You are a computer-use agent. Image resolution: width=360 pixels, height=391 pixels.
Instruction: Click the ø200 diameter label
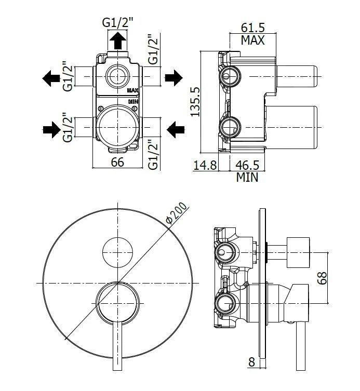coord(176,214)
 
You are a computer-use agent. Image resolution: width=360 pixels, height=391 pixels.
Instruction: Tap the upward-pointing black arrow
coord(118,40)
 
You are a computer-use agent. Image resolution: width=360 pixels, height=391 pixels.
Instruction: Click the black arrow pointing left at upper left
coord(51,78)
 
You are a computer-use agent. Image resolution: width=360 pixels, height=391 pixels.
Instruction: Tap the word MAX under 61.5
coord(252,40)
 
